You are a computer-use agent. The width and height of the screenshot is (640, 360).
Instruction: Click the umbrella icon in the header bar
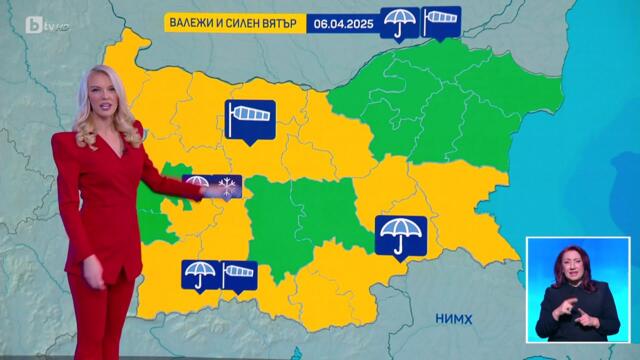[401, 22]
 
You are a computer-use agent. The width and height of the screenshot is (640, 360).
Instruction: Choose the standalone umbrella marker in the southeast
[401, 235]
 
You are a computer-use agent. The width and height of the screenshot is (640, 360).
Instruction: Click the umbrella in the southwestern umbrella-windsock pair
[199, 274]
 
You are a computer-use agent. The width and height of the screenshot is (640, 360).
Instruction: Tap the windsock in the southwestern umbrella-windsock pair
[238, 273]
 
